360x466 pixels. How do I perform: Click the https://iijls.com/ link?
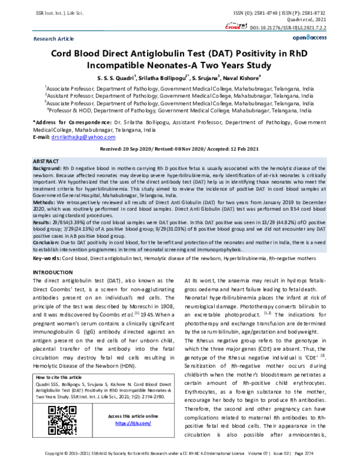(133, 423)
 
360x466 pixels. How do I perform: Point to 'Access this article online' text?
(133, 416)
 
